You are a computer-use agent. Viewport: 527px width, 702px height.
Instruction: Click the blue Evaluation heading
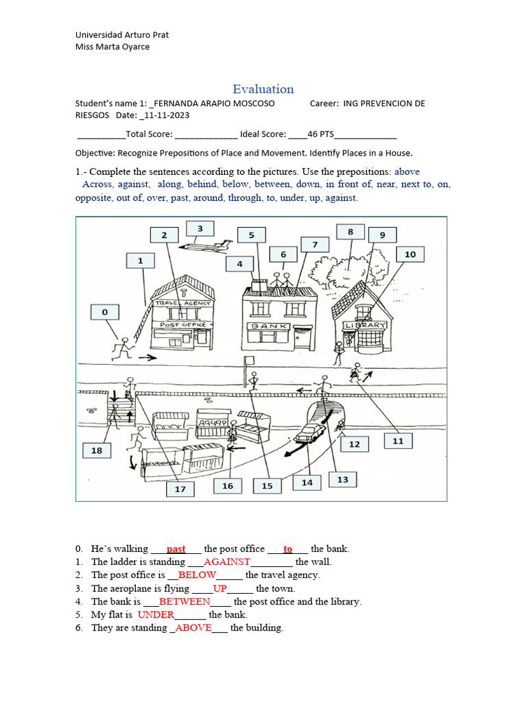pyautogui.click(x=263, y=89)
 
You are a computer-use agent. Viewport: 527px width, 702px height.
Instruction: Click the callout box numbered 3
pyautogui.click(x=200, y=228)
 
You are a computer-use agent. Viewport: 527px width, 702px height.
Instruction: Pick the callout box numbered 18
pyautogui.click(x=96, y=450)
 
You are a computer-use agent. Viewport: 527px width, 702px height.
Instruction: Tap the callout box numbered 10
pyautogui.click(x=410, y=254)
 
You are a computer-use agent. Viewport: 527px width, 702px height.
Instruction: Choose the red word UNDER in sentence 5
pyautogui.click(x=156, y=614)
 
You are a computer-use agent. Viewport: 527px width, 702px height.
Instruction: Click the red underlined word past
pyautogui.click(x=176, y=548)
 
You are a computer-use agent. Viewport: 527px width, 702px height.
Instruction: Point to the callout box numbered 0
pyautogui.click(x=105, y=313)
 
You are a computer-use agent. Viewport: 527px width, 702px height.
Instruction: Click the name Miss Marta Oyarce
pyautogui.click(x=112, y=47)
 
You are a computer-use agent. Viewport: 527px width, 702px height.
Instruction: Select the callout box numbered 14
pyautogui.click(x=307, y=483)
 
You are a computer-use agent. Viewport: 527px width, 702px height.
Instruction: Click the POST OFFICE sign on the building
pyautogui.click(x=182, y=325)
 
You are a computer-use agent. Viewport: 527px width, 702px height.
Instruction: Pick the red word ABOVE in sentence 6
pyautogui.click(x=194, y=628)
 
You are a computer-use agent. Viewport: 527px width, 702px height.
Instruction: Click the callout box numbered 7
pyautogui.click(x=315, y=245)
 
